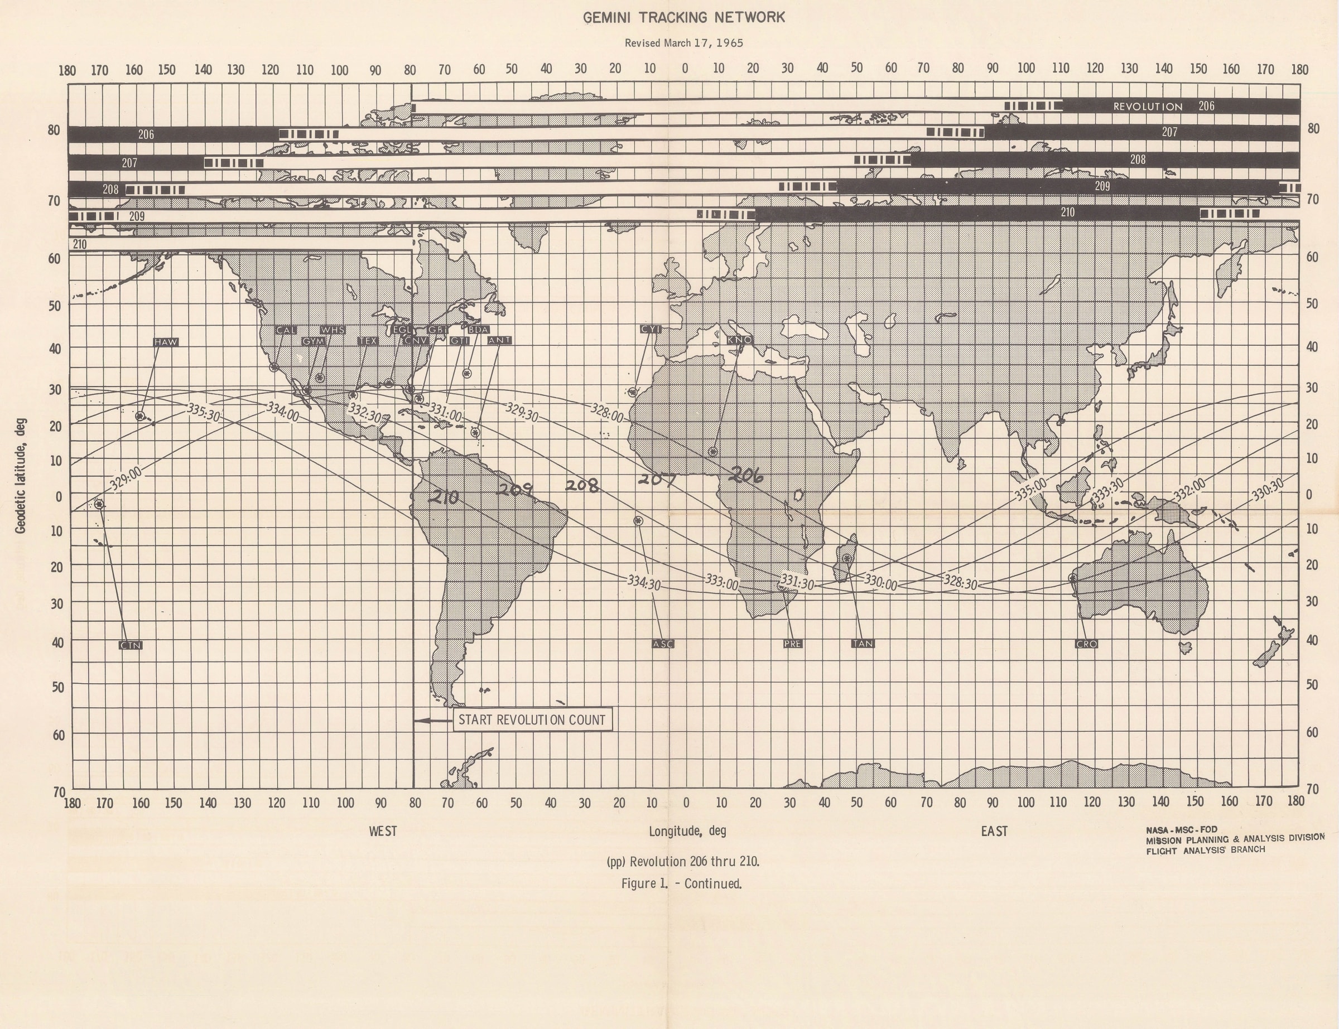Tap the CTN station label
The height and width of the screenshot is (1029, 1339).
click(x=131, y=645)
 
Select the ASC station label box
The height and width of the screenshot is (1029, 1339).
click(x=663, y=644)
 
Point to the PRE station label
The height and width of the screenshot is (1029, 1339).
click(x=793, y=644)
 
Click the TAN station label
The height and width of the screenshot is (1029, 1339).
click(x=863, y=644)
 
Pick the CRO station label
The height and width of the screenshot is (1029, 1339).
click(x=1087, y=644)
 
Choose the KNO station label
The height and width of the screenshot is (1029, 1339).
click(x=739, y=340)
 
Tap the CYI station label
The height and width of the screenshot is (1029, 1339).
click(x=651, y=329)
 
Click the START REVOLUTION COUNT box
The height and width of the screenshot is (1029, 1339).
click(x=532, y=721)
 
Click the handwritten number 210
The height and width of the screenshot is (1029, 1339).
click(x=443, y=497)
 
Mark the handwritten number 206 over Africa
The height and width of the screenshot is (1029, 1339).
click(x=745, y=475)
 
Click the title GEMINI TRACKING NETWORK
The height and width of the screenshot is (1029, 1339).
click(x=683, y=18)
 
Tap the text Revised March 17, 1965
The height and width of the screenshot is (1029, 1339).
click(x=683, y=43)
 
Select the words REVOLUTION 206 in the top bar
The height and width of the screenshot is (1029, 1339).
click(x=1163, y=107)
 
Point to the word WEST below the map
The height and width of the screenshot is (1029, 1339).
click(x=383, y=831)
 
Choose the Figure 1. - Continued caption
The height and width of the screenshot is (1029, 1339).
click(x=681, y=884)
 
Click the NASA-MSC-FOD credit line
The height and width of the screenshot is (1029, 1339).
click(x=1182, y=830)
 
